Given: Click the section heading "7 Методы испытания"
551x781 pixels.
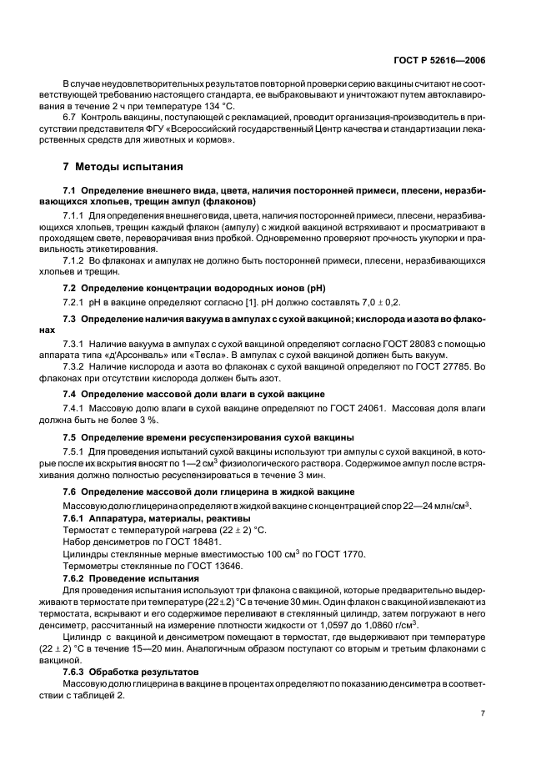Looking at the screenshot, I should (123, 164).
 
